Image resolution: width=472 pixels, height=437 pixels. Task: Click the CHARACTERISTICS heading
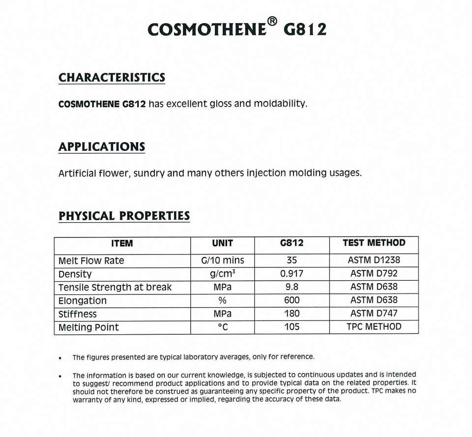pos(112,78)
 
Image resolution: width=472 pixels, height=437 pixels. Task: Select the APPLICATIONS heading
pos(102,147)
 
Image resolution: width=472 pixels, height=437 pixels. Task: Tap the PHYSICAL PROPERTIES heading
pos(124,216)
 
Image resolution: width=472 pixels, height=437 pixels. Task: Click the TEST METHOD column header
pos(374,243)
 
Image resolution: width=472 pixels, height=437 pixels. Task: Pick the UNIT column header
pos(222,243)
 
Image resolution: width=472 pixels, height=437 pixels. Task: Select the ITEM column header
pos(122,243)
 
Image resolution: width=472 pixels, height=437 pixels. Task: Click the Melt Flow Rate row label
pos(91,261)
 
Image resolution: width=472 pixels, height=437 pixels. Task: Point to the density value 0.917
pos(292,274)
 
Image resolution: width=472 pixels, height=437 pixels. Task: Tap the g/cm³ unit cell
pos(222,274)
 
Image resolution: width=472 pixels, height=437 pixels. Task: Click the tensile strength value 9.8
pos(292,287)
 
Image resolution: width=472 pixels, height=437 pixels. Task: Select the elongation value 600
pos(292,300)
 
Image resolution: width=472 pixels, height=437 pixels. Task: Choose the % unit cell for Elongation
pos(222,300)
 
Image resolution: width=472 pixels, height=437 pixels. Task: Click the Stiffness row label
pos(78,314)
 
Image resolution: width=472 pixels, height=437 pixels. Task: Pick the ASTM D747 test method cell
pos(374,314)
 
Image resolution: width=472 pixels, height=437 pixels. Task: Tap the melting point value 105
pos(292,327)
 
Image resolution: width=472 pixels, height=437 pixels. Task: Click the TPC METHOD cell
pos(374,327)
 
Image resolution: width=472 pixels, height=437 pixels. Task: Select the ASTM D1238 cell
pos(374,261)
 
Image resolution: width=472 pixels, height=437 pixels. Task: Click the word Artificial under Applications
pos(77,173)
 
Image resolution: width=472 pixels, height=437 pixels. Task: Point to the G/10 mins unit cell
pos(222,261)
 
